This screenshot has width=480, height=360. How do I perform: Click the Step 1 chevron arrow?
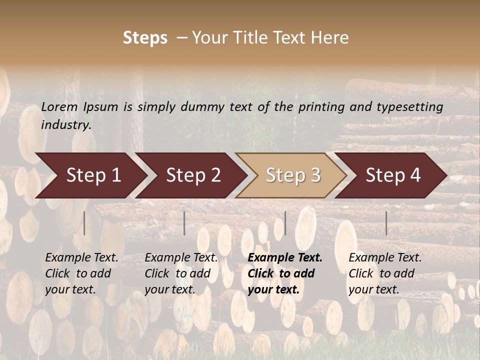click(x=92, y=175)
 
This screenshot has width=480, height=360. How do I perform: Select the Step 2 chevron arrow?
click(x=192, y=175)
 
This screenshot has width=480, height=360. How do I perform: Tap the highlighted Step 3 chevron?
click(x=292, y=175)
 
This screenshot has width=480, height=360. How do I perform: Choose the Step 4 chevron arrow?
click(x=392, y=175)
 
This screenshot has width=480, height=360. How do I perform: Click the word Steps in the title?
click(x=145, y=38)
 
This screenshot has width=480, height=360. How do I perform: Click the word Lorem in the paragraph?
click(x=59, y=106)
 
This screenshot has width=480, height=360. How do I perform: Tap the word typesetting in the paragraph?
click(x=409, y=106)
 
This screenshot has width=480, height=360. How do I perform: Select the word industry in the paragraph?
click(x=66, y=124)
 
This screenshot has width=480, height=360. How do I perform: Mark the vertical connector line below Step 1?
click(x=84, y=223)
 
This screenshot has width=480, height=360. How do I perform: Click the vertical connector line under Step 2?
click(x=184, y=223)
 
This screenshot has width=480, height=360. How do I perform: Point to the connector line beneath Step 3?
click(x=285, y=223)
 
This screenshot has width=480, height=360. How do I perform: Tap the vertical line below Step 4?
click(x=386, y=223)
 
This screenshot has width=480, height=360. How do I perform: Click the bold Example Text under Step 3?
click(x=285, y=258)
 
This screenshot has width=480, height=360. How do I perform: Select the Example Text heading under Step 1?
click(x=81, y=258)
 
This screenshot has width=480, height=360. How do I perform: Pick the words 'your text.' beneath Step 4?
click(x=373, y=289)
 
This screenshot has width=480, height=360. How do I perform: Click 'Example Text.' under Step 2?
click(x=181, y=258)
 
